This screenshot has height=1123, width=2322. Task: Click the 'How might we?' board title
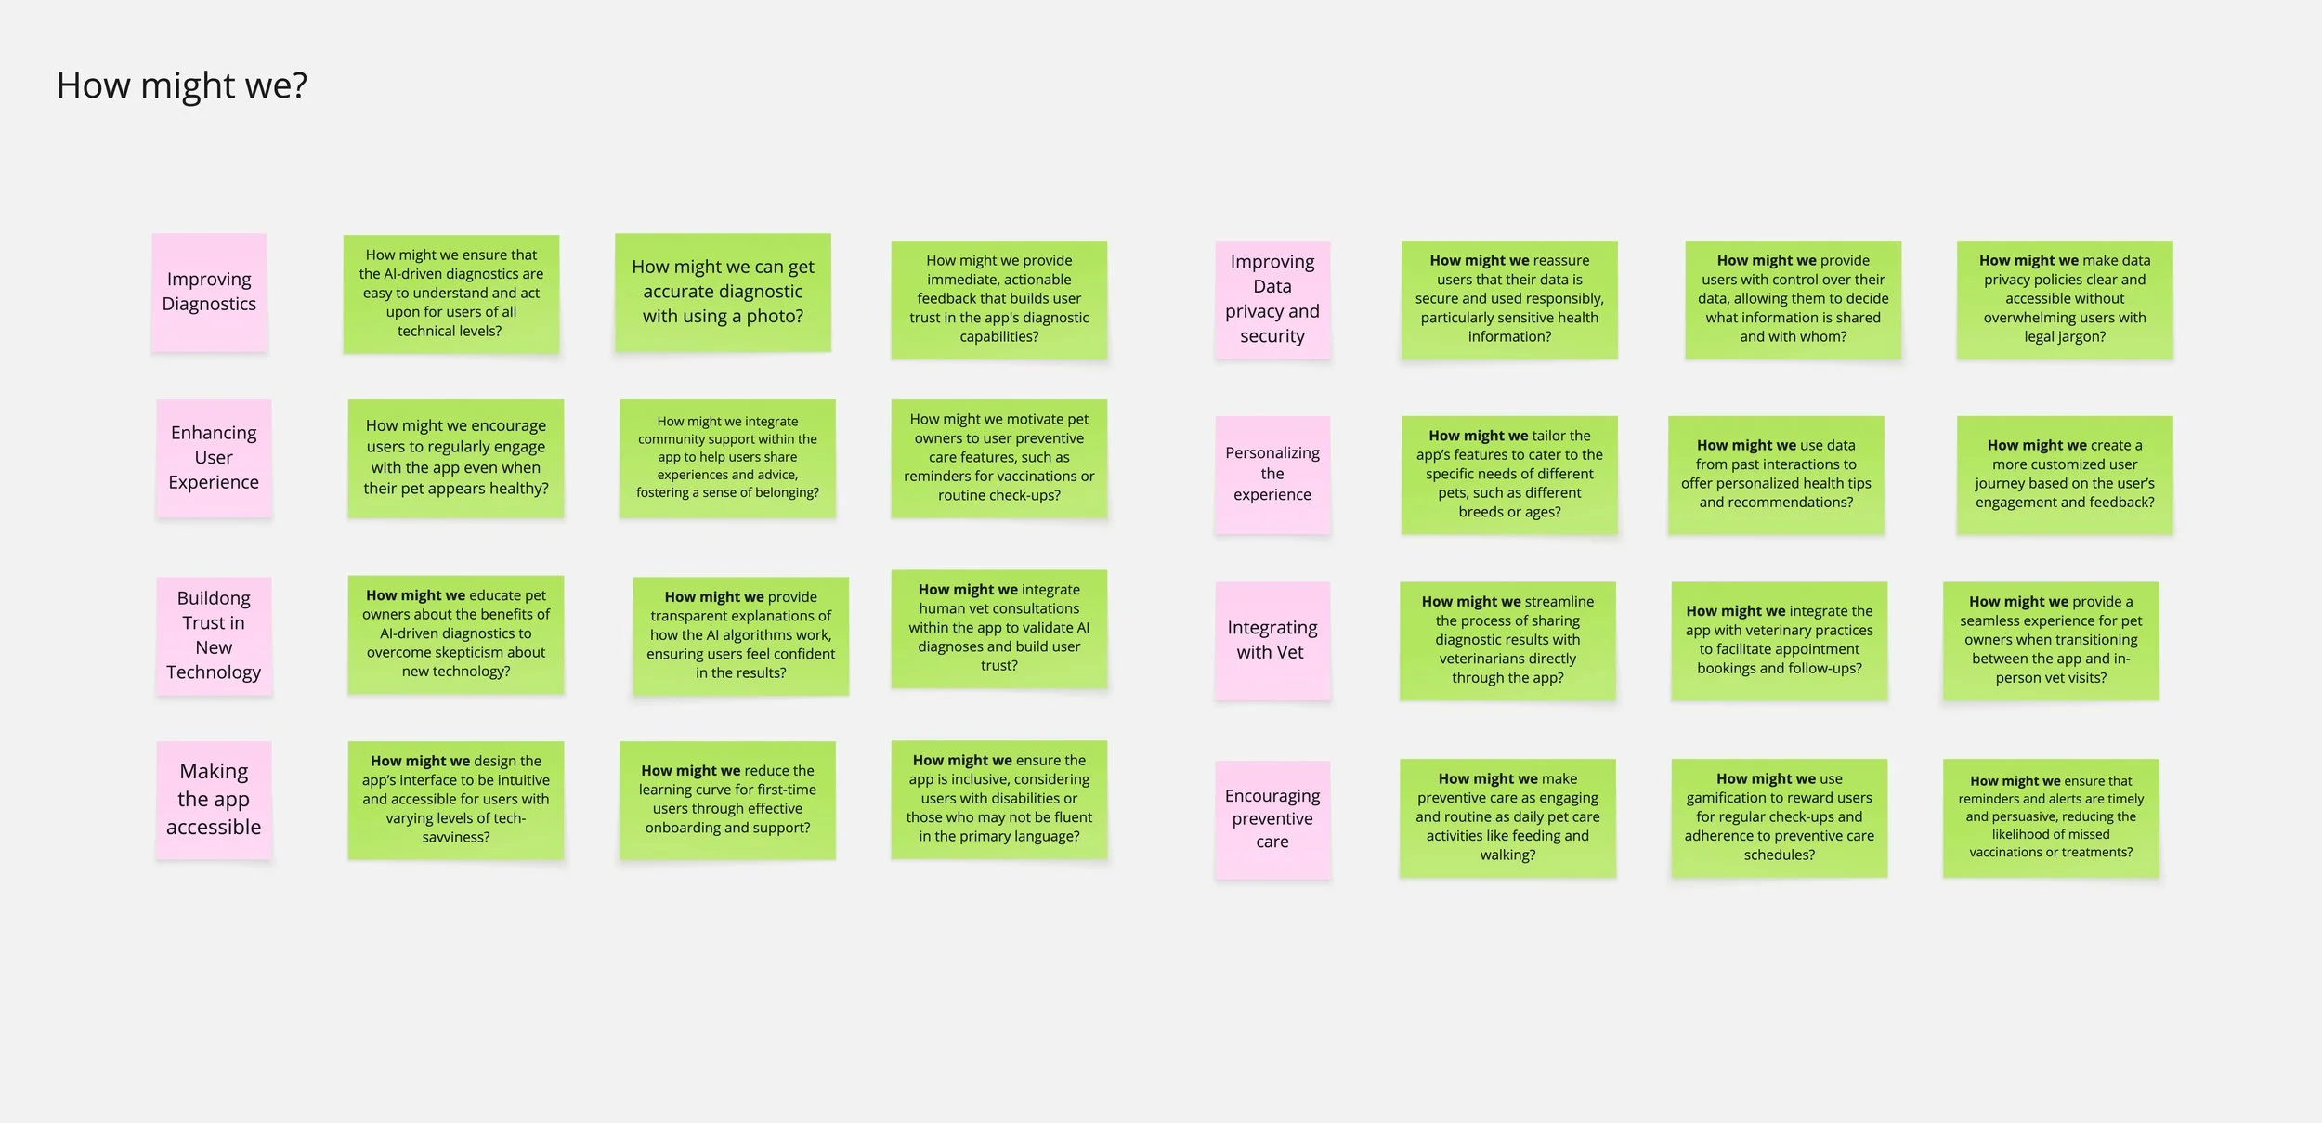tap(181, 85)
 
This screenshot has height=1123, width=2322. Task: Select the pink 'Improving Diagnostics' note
tap(209, 292)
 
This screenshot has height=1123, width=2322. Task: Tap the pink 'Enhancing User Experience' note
tap(214, 457)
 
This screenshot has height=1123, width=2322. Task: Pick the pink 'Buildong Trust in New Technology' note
tap(214, 635)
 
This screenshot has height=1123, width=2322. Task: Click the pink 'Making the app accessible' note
tap(214, 799)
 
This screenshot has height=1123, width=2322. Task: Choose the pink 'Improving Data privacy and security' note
tap(1272, 299)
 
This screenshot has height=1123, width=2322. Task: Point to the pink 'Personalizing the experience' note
tap(1272, 474)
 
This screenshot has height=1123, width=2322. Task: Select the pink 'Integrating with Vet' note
tap(1272, 640)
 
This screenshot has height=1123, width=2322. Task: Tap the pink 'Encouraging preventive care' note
tap(1272, 818)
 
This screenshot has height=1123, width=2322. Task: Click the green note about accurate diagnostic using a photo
tap(723, 292)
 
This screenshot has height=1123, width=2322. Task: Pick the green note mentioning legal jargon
tap(2065, 299)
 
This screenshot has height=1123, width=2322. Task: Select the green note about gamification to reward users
tap(1779, 817)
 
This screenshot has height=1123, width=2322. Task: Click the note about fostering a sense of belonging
tap(727, 457)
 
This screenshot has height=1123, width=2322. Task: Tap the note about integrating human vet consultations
tap(999, 628)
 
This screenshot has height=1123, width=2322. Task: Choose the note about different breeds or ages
tap(1509, 474)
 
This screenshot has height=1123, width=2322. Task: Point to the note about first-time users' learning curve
tap(727, 799)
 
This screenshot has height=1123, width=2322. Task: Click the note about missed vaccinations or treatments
tap(2051, 817)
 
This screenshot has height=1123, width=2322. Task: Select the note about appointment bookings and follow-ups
tap(1779, 640)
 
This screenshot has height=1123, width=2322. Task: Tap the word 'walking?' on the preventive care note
tap(1507, 855)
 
